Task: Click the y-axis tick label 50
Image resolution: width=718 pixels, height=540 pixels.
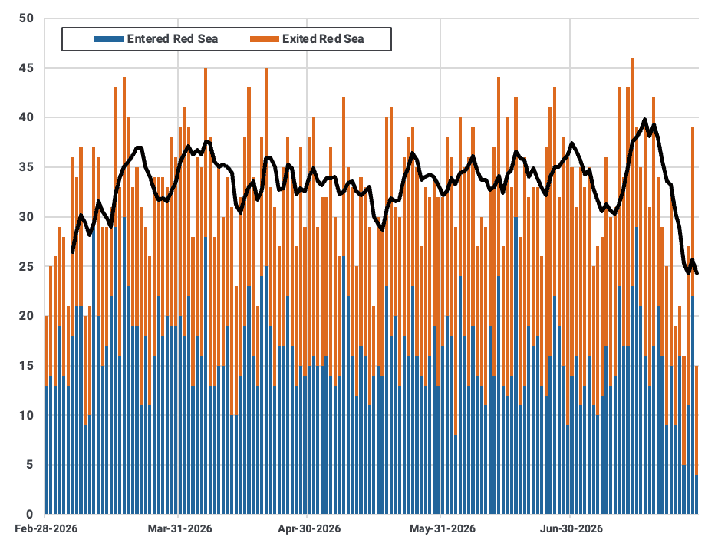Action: (27, 18)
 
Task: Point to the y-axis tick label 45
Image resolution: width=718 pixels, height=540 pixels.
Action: (27, 68)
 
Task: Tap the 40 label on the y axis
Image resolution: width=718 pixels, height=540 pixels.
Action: (27, 117)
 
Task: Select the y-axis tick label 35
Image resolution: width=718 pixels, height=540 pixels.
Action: (27, 167)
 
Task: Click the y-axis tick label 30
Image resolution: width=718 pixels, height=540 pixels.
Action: (27, 216)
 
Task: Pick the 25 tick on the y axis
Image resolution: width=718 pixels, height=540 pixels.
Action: (27, 266)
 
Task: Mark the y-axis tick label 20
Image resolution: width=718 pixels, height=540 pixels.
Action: (27, 315)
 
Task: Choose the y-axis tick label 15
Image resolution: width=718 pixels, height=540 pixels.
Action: (27, 365)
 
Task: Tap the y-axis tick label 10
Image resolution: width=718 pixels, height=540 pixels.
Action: (27, 415)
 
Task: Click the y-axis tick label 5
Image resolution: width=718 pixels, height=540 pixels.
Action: (30, 464)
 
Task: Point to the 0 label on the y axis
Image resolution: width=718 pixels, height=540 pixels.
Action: (30, 514)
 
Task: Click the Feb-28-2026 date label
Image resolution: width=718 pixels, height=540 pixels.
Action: (46, 528)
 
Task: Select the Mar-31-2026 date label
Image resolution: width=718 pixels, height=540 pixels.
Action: (180, 528)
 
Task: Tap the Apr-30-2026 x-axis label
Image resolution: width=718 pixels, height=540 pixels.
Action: (309, 528)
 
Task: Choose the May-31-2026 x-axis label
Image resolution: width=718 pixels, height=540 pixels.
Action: (443, 528)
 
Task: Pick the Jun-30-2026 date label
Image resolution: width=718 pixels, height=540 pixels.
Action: (571, 528)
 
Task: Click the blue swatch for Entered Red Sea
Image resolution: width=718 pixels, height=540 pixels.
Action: (109, 39)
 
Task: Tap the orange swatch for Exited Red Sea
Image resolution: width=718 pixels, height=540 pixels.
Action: (264, 39)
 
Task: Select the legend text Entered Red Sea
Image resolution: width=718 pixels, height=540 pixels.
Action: (173, 39)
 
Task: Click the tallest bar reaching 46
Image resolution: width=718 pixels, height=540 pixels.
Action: (632, 286)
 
